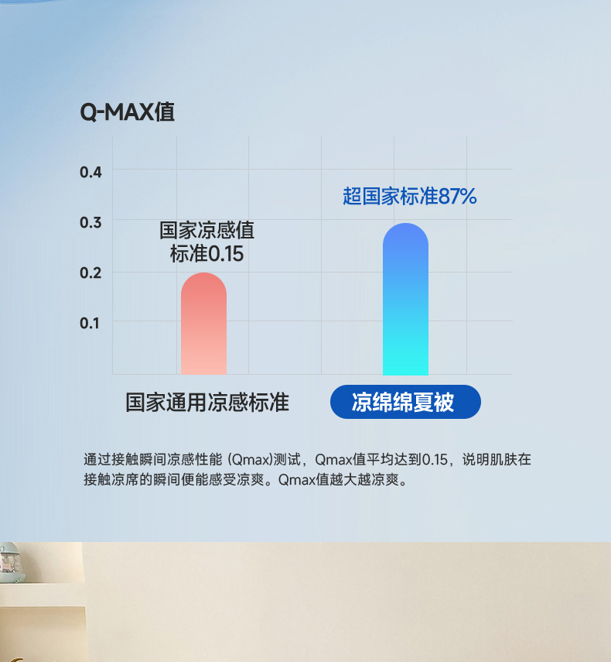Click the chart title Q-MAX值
(x=127, y=112)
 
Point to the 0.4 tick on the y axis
(x=90, y=172)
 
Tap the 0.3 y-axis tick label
(x=90, y=222)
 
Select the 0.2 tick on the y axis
(x=90, y=273)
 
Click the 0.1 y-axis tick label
(x=90, y=324)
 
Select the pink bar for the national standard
(x=203, y=324)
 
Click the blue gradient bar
(x=405, y=299)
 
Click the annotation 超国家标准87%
(x=409, y=197)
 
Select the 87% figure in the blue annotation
(x=458, y=197)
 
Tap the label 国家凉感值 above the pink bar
(x=207, y=231)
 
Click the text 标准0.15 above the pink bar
(x=207, y=254)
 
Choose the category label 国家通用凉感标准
(x=207, y=402)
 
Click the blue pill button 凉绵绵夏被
(x=405, y=402)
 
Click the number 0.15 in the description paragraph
(x=435, y=459)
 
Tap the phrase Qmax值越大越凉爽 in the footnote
(x=339, y=480)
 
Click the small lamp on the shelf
(x=10, y=562)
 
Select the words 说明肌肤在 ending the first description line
(x=497, y=459)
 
